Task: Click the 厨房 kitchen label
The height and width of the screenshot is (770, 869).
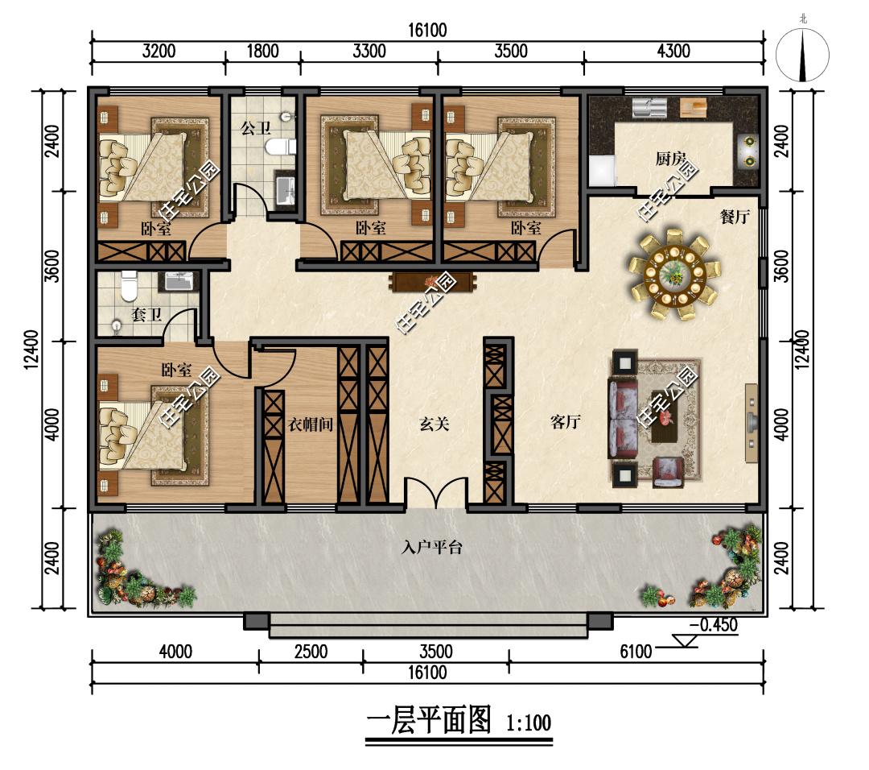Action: [670, 159]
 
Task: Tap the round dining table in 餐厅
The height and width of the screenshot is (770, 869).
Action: [674, 274]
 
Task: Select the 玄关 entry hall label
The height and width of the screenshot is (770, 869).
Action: [434, 424]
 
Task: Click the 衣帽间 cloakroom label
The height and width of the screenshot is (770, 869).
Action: [311, 425]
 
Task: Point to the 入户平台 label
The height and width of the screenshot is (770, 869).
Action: [432, 548]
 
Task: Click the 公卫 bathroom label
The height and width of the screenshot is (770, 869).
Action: [256, 129]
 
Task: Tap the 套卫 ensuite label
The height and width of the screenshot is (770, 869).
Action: [147, 315]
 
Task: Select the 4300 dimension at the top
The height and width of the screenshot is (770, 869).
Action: [673, 51]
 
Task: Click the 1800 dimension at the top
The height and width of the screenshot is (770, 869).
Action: [262, 51]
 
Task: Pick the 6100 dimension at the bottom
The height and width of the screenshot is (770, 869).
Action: [636, 652]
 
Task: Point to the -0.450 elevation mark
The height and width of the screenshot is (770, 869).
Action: [713, 625]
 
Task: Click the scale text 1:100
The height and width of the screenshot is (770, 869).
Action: [529, 722]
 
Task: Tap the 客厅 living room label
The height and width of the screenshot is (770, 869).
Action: [566, 422]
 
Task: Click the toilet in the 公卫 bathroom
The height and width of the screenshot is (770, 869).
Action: [280, 147]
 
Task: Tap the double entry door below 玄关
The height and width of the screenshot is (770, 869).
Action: [435, 493]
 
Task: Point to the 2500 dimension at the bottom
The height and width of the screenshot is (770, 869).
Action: [311, 652]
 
